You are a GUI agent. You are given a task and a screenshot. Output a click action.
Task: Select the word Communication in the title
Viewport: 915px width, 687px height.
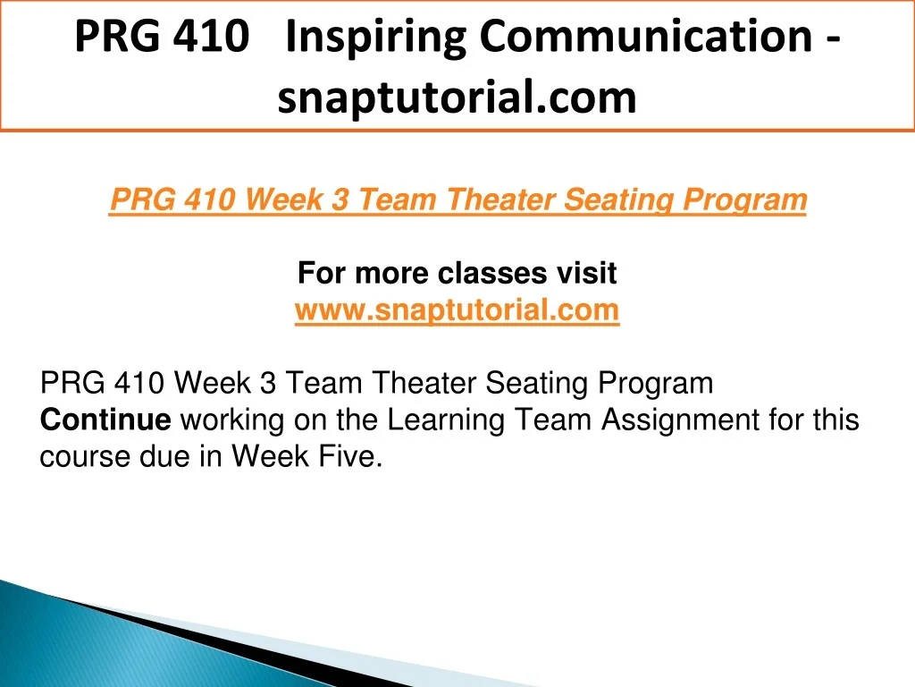coord(646,36)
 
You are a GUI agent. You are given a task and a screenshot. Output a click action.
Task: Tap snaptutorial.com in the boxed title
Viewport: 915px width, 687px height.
coord(457,98)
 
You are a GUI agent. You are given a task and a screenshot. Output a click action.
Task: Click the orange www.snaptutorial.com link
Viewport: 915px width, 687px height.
coord(457,310)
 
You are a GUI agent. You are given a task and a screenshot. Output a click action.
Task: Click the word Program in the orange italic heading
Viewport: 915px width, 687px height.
coord(744,200)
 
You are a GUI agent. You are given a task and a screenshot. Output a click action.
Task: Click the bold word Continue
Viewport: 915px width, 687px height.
coord(105,420)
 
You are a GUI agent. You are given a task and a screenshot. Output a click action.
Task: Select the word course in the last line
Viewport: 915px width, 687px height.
coord(85,457)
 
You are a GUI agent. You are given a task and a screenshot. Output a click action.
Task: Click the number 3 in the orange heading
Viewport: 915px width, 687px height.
coord(340,199)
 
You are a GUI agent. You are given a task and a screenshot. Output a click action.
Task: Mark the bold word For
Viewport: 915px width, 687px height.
coord(322,273)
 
